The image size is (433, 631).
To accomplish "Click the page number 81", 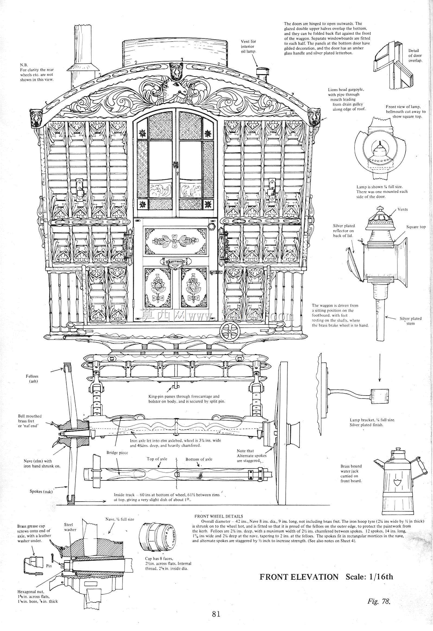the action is (x=216, y=614).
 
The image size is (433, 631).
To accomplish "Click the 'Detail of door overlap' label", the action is (x=415, y=55).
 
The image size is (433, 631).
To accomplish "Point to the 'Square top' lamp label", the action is (x=416, y=227).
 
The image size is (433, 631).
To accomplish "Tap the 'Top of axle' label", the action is (x=157, y=459).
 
